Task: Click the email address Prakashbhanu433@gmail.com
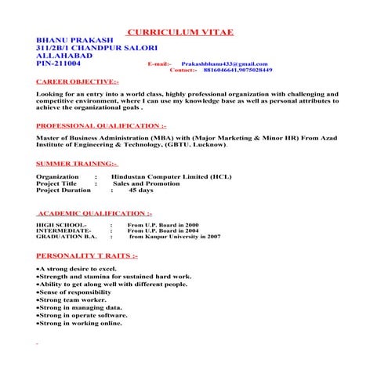point(224,63)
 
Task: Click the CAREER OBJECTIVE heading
point(78,82)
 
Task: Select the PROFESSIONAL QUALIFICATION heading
point(101,125)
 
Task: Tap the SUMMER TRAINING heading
point(77,163)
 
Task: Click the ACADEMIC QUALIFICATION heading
point(95,212)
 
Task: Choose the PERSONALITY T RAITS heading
point(87,256)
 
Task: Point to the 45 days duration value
point(141,190)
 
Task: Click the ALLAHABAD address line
point(64,56)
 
